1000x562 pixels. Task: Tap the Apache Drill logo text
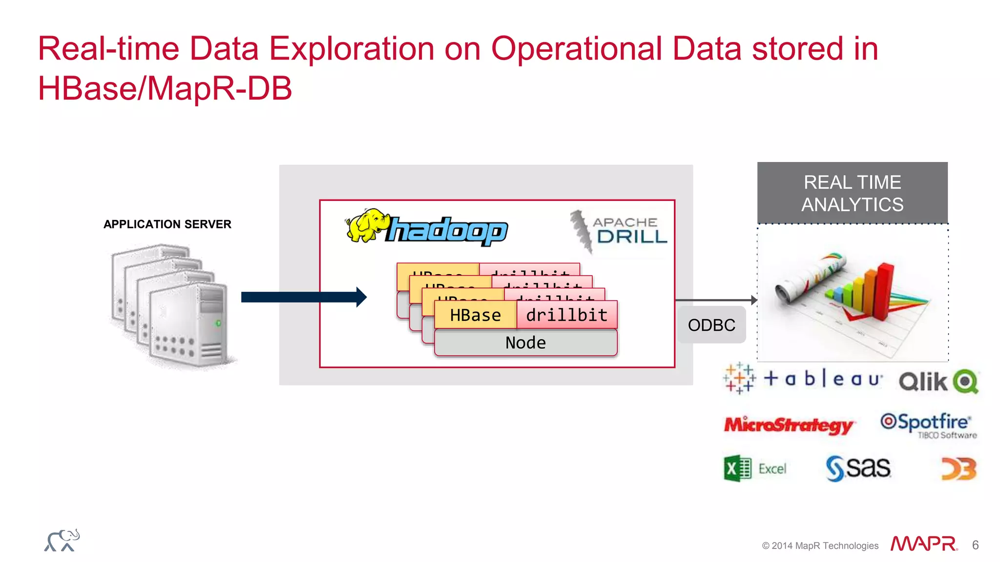630,230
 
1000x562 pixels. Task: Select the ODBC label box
711,325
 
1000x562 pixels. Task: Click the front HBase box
475,315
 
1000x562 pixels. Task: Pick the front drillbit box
567,315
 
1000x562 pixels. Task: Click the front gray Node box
525,342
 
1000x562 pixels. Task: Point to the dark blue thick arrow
303,297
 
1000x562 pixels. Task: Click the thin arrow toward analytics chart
715,300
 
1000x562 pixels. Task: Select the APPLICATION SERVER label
167,224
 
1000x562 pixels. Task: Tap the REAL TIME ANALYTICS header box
852,193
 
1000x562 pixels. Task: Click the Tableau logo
803,379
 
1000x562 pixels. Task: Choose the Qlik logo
938,381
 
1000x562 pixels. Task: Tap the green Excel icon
737,469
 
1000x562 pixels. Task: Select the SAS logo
858,468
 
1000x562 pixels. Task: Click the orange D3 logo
958,469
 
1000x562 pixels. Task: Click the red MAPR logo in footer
923,544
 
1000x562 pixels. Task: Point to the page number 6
975,545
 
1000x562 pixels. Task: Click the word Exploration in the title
352,49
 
